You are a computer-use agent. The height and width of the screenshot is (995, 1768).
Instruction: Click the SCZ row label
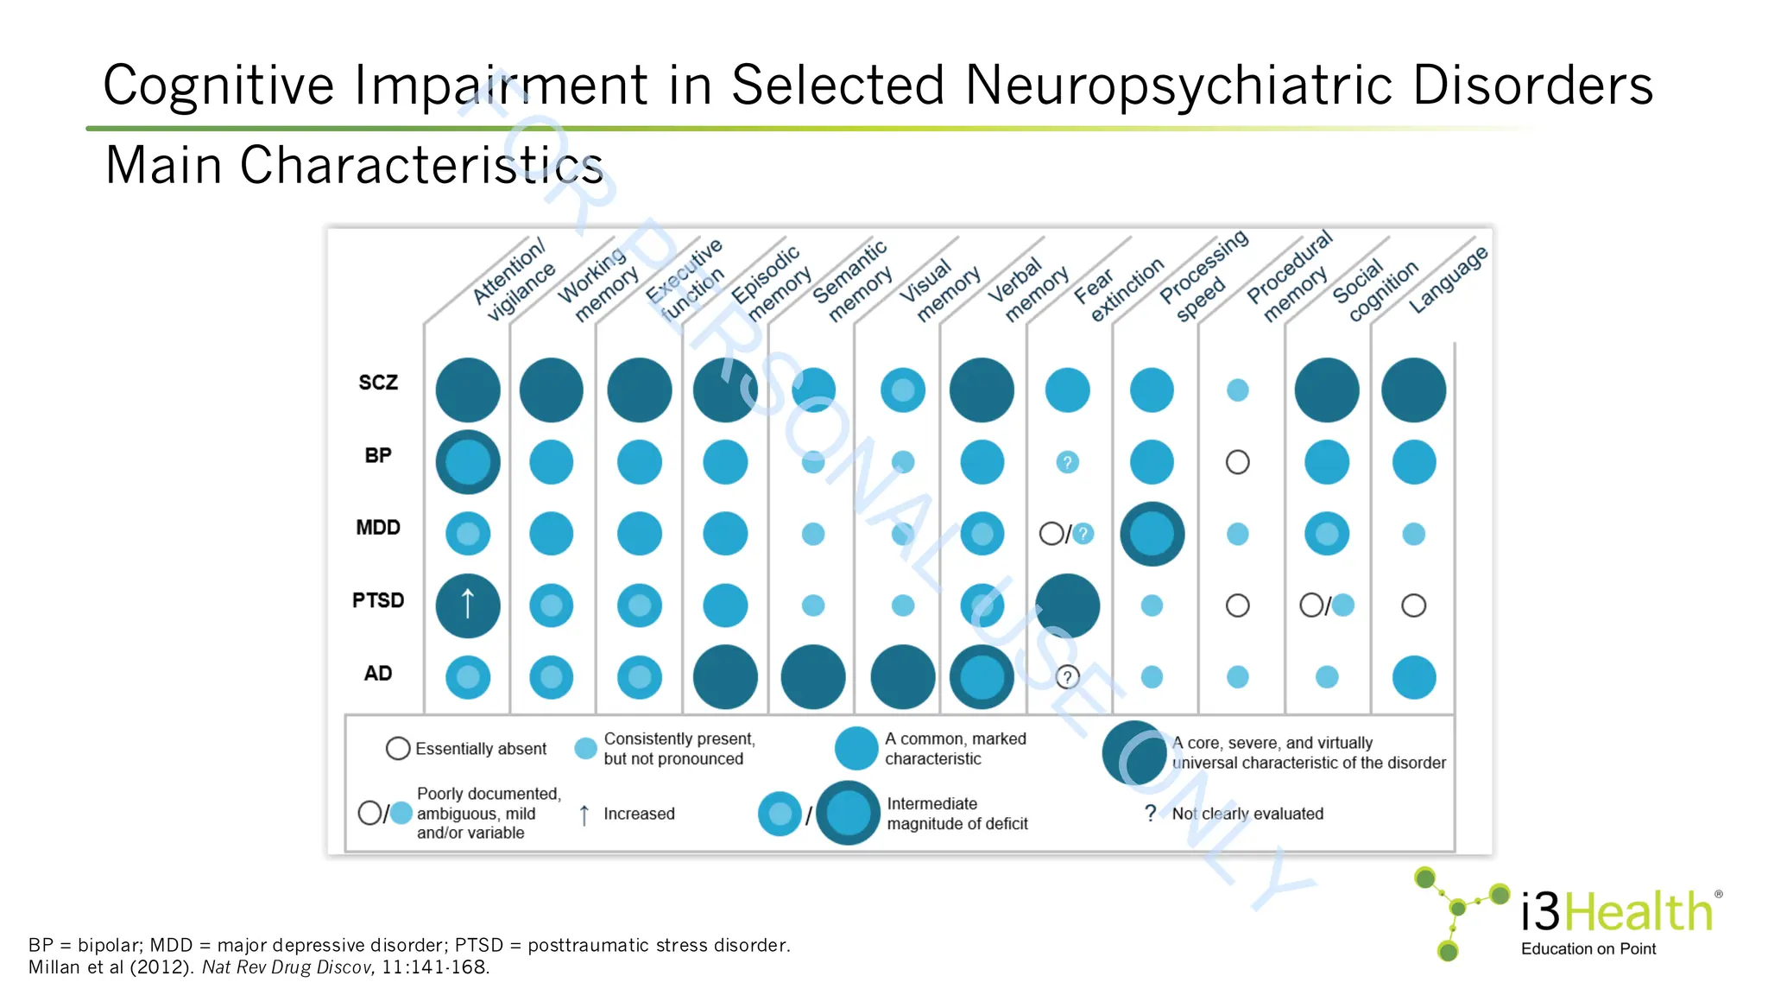coord(378,383)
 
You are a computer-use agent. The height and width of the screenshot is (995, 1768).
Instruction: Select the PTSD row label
coord(378,600)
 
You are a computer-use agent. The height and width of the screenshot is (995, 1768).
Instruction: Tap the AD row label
coord(378,674)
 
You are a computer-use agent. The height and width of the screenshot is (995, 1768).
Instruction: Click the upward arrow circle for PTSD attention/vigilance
coord(468,605)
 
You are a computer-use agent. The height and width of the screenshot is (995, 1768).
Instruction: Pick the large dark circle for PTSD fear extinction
coord(1067,605)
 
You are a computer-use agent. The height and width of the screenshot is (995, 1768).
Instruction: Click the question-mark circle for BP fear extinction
coord(1067,462)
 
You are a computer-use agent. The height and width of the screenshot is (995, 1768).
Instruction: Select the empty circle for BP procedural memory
coord(1237,462)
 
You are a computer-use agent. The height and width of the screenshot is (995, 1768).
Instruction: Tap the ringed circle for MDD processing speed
coord(1152,534)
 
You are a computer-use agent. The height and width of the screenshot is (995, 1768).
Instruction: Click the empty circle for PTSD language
coord(1413,605)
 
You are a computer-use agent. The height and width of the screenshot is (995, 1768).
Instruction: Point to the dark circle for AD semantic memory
coord(812,677)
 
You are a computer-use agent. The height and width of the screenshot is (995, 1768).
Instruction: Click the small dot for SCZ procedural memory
coord(1237,390)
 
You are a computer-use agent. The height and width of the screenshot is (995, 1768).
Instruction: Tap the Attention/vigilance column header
coord(515,280)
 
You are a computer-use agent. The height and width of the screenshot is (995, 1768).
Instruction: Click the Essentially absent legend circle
coord(398,748)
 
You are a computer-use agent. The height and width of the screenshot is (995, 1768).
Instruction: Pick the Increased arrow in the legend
coord(584,814)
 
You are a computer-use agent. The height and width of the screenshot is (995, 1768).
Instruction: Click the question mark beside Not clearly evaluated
coord(1150,813)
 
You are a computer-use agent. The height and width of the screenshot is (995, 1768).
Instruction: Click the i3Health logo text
coord(1616,912)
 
